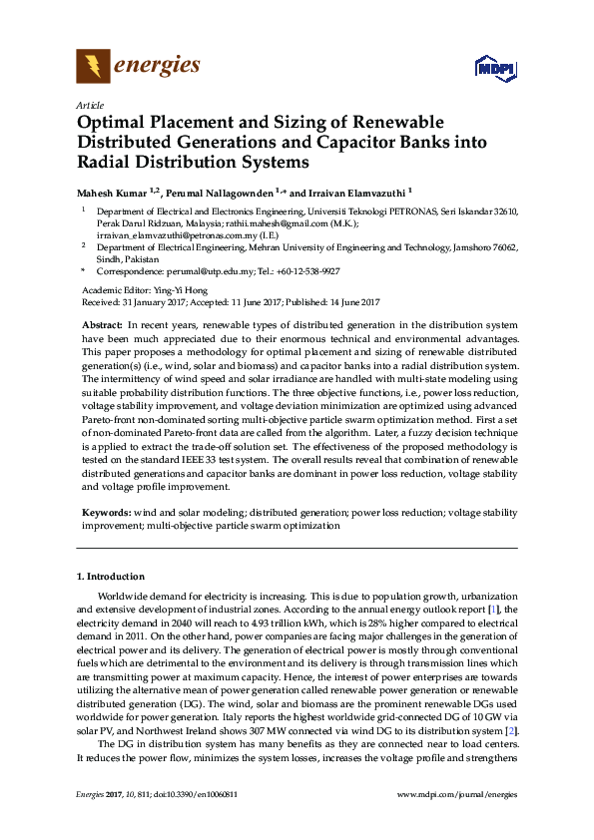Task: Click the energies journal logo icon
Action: point(92,67)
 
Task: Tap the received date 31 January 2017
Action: point(152,300)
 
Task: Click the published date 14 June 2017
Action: point(350,300)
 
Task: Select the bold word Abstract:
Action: point(101,326)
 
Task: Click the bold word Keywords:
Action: point(105,512)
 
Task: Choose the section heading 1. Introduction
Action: point(111,577)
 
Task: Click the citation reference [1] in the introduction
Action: point(491,608)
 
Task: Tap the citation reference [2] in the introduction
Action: point(510,731)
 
